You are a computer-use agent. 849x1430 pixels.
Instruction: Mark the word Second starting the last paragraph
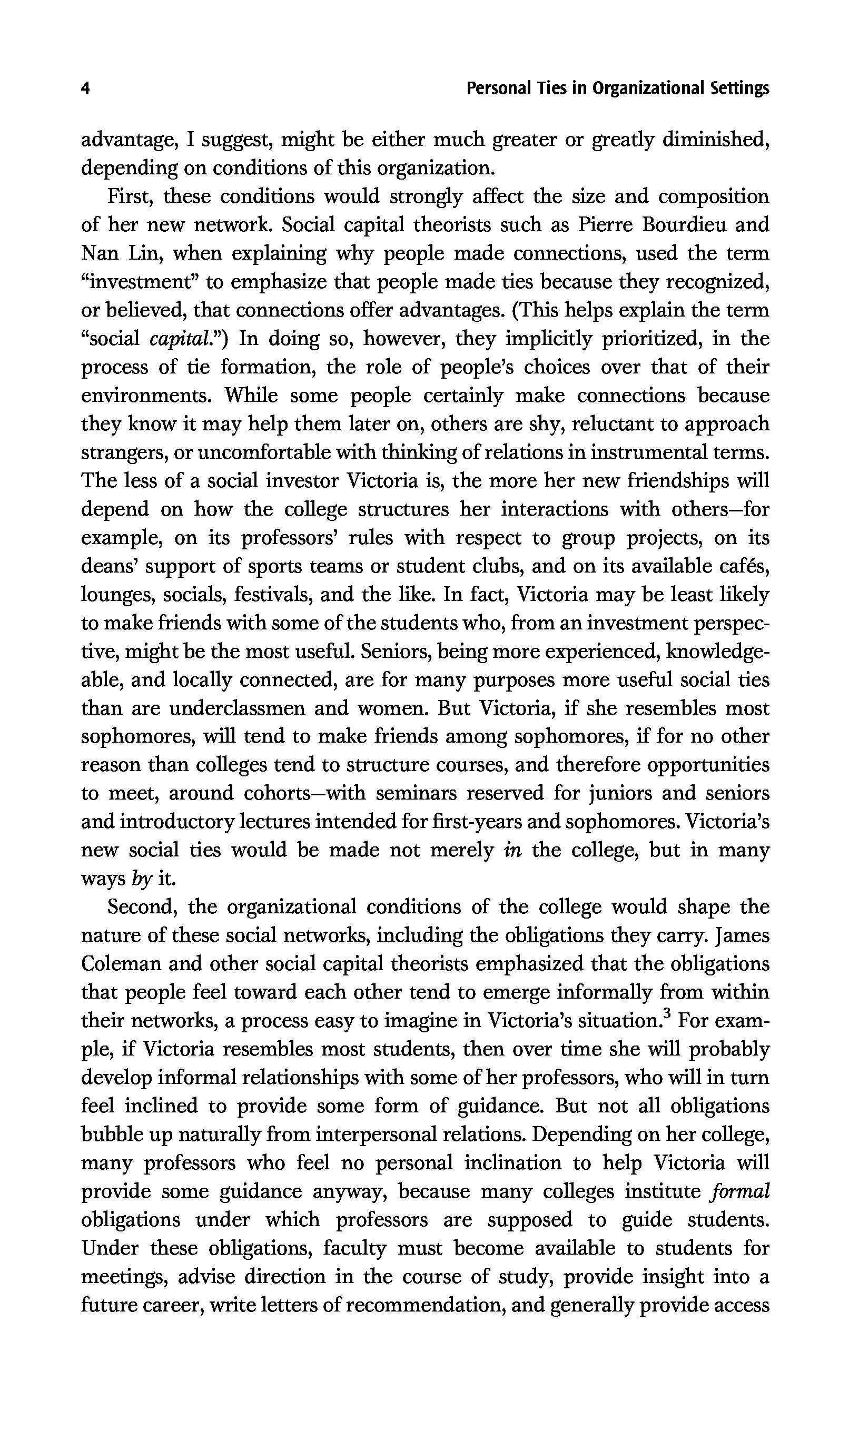pyautogui.click(x=141, y=907)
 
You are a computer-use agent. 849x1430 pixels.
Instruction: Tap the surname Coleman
pyautogui.click(x=121, y=964)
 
